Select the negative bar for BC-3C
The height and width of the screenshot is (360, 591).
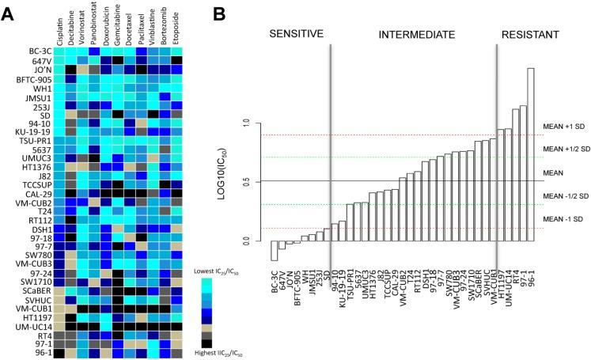(x=275, y=250)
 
